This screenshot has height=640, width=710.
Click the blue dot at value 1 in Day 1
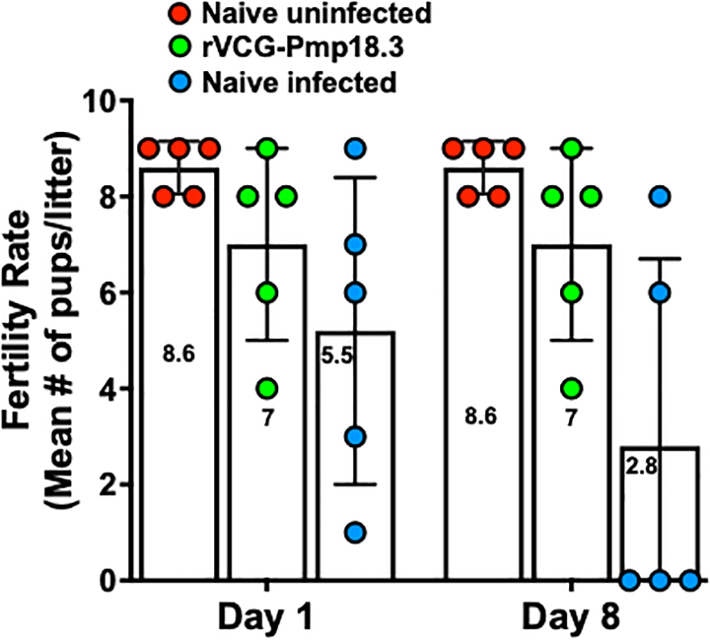pyautogui.click(x=356, y=532)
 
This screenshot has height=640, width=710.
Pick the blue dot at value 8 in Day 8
pyautogui.click(x=659, y=196)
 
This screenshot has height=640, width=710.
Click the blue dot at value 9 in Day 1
pyautogui.click(x=356, y=148)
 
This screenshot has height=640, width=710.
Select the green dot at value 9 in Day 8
pyautogui.click(x=571, y=148)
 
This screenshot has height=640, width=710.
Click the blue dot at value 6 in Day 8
pyautogui.click(x=659, y=292)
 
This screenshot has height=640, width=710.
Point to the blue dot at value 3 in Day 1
pyautogui.click(x=356, y=437)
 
